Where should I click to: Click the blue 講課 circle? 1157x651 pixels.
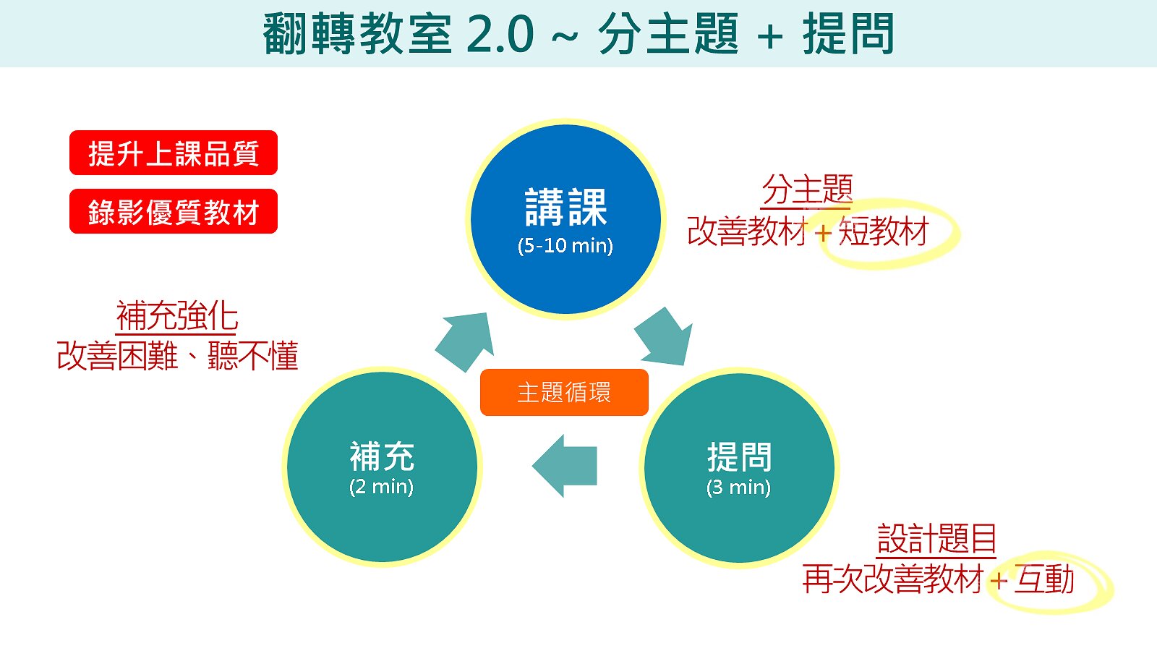[x=565, y=219]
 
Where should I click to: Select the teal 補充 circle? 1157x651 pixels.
[x=383, y=467]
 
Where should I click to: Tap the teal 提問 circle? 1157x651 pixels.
[x=739, y=467]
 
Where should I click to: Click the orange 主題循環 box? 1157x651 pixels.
[x=564, y=392]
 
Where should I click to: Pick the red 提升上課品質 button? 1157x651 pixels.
[x=174, y=153]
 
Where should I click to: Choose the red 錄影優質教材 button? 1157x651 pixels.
[x=174, y=211]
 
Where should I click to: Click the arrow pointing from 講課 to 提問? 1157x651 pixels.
[x=665, y=337]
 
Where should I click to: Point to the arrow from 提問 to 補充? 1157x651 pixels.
[x=565, y=466]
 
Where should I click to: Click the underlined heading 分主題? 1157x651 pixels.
[x=807, y=190]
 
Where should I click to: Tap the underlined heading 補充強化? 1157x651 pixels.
[x=176, y=316]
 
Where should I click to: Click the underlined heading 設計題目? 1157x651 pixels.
[x=936, y=540]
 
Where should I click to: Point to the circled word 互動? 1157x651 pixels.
[x=1044, y=579]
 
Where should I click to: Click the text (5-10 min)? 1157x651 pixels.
[x=565, y=246]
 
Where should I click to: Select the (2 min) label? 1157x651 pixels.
[x=382, y=488]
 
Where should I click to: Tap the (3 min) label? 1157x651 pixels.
[x=738, y=488]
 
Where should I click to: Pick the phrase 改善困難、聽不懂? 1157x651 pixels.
[x=178, y=355]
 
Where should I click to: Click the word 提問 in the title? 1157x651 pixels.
[x=848, y=34]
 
